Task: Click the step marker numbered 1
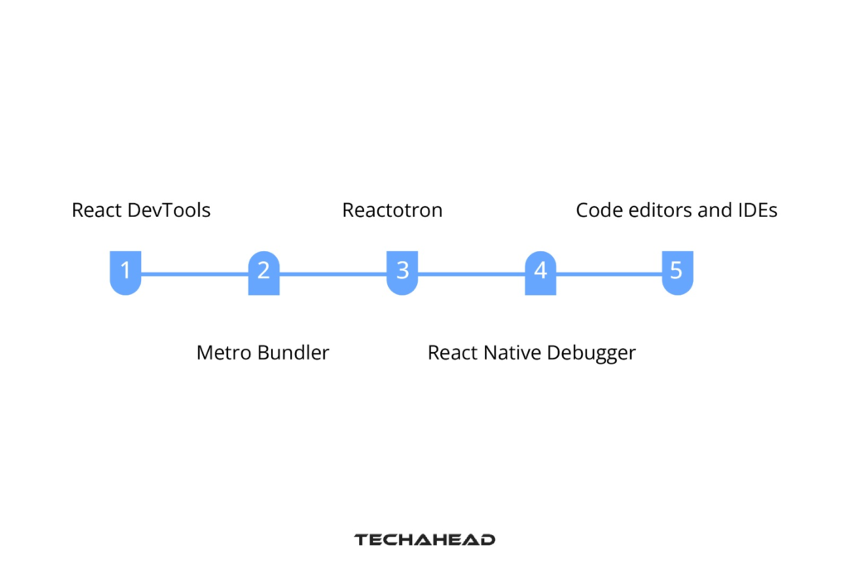point(125,272)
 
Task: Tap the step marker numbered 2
point(264,272)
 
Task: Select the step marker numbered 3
point(402,272)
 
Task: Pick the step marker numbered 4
point(541,272)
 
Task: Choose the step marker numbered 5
point(677,272)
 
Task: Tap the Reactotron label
point(392,210)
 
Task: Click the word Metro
point(224,353)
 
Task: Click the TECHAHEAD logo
point(424,539)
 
